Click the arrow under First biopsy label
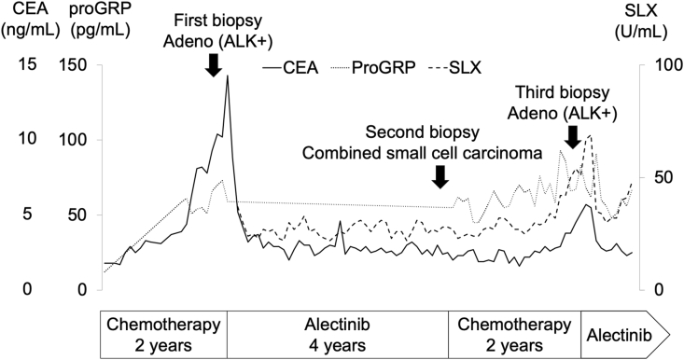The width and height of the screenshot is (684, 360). click(x=213, y=63)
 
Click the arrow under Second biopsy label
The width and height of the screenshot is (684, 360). click(x=441, y=174)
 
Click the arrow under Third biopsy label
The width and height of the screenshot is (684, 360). click(x=573, y=137)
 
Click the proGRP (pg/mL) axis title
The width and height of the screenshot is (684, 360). click(x=89, y=24)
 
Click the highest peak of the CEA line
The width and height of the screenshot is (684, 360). click(x=227, y=76)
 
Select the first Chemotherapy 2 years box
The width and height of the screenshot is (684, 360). click(x=163, y=333)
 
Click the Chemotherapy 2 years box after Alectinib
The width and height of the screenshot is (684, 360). click(x=515, y=333)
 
